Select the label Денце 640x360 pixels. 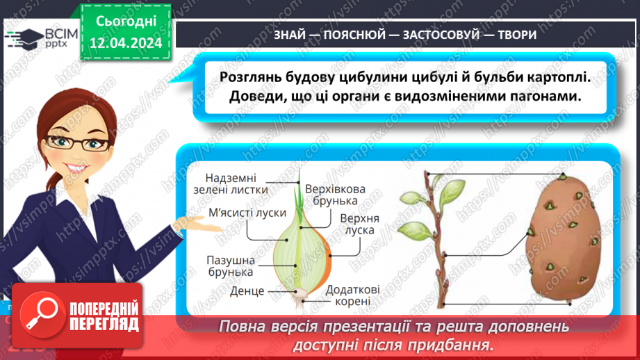(246, 291)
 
